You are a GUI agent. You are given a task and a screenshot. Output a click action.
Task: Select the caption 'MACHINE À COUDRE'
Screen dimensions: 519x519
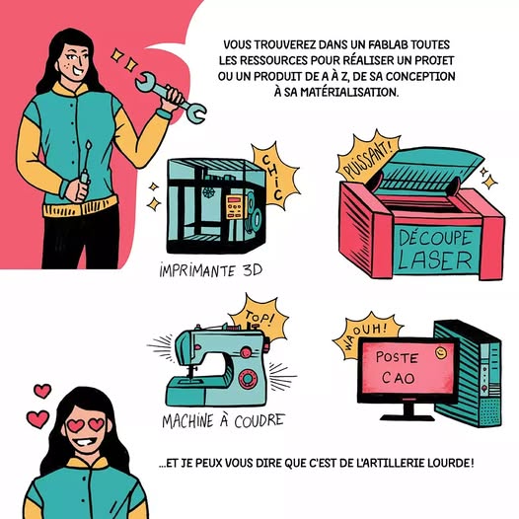[x=223, y=421]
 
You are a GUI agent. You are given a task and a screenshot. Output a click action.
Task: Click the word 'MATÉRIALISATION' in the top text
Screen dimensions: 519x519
[x=351, y=93]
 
